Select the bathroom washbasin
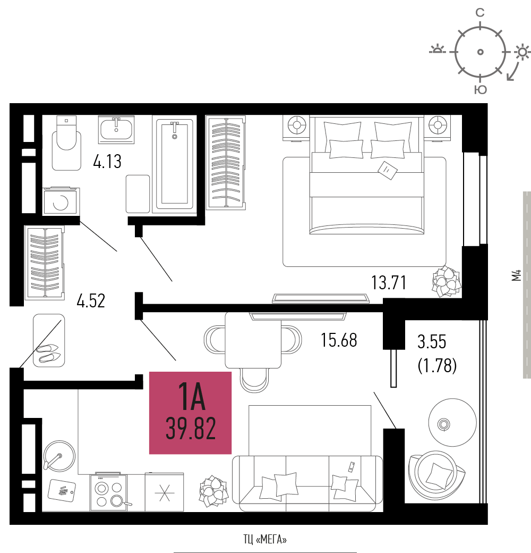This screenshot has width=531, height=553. [x=116, y=129]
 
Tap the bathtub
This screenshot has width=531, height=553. [x=175, y=164]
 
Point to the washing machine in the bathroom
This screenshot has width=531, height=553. [x=61, y=201]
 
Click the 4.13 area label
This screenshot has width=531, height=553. [x=107, y=162]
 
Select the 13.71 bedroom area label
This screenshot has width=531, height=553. [x=389, y=283]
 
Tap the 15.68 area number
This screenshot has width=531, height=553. [x=339, y=340]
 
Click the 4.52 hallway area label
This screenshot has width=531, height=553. [x=91, y=301]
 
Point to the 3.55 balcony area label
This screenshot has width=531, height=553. [x=432, y=342]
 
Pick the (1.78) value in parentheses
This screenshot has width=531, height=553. [x=437, y=366]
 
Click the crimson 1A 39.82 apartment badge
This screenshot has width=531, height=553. [x=191, y=413]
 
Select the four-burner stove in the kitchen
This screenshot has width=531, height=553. [x=109, y=492]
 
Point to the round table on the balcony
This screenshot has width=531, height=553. [x=452, y=423]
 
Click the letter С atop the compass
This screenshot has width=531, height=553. [x=480, y=13]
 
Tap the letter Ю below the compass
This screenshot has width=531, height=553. [x=481, y=89]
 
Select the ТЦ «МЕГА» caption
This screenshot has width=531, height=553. [x=265, y=540]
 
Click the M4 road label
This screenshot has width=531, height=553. [x=516, y=275]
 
